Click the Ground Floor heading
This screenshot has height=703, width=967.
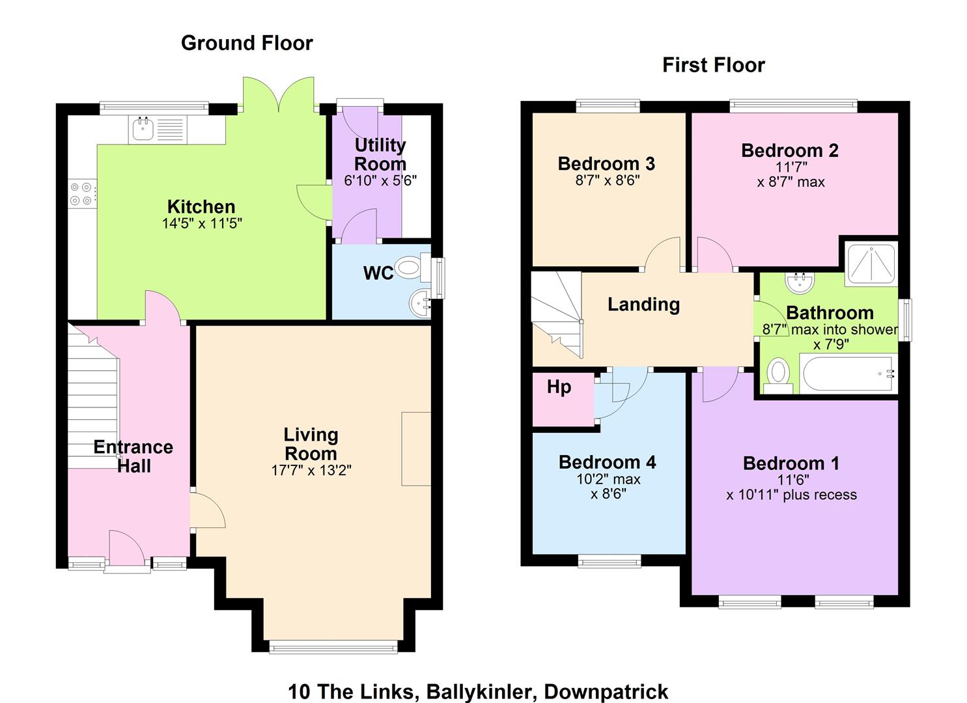pos(247,43)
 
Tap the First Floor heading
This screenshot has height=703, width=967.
pos(714,65)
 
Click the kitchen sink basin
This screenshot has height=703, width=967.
pos(143,129)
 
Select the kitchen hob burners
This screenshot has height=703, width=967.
pos(81,194)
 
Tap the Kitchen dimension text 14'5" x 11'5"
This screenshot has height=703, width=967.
pos(202,223)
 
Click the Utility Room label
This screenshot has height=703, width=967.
pos(380,154)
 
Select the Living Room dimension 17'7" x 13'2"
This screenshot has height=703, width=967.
pos(311,471)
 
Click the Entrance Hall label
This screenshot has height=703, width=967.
pos(133,456)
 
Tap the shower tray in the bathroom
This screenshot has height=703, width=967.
pos(871,264)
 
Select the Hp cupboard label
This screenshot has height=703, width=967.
pos(559,387)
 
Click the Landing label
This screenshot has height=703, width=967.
pos(643,304)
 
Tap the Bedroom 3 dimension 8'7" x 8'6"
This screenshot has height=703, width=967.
pos(607,180)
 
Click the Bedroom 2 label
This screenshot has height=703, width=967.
pos(790,150)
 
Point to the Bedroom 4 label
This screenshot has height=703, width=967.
pos(607,462)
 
